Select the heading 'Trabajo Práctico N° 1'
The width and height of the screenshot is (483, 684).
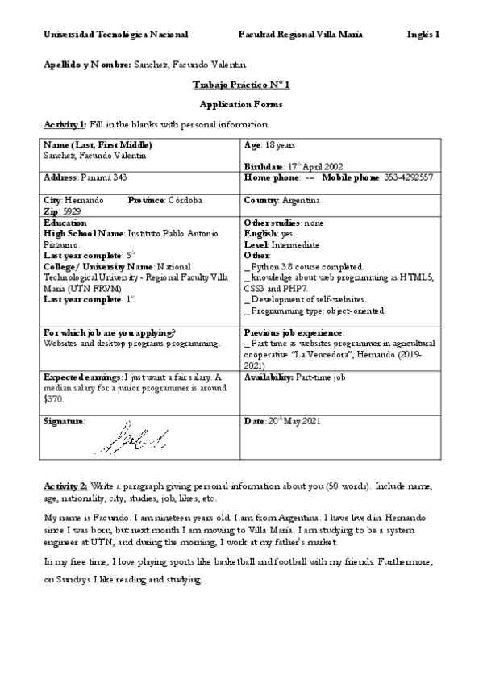tap(241, 85)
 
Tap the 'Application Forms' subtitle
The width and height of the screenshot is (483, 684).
tap(241, 105)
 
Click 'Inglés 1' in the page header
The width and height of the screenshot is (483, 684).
tap(423, 35)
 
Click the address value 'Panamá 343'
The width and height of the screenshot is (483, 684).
tap(104, 177)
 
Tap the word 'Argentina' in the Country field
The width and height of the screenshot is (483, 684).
tap(300, 199)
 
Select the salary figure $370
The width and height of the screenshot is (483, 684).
tap(54, 398)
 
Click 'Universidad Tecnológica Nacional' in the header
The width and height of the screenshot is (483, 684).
tap(115, 35)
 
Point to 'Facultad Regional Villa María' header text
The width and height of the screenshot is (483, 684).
tap(300, 35)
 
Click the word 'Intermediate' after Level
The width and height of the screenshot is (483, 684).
tap(295, 244)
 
